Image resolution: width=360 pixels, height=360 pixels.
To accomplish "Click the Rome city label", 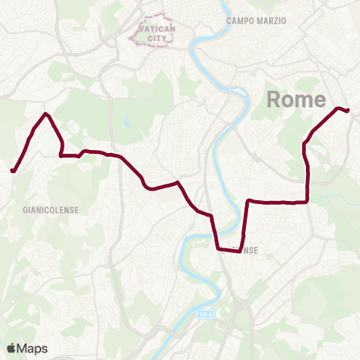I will (296, 100).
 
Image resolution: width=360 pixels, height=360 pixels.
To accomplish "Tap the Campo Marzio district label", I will (256, 21).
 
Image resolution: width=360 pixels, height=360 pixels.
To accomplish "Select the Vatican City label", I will (155, 32).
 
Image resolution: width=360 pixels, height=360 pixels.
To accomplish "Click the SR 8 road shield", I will (206, 316).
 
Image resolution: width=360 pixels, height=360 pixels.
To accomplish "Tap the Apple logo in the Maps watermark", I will (11, 348).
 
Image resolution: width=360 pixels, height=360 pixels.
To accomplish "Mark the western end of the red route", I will (13, 171).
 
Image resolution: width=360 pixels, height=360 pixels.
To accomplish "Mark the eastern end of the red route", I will (348, 111).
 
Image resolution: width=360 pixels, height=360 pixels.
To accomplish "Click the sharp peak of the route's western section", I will (46, 114).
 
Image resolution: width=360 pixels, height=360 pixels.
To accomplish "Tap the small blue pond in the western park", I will (127, 118).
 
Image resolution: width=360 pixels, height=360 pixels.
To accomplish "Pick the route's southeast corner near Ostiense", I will (240, 251).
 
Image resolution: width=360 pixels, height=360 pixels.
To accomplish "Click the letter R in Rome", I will (275, 100).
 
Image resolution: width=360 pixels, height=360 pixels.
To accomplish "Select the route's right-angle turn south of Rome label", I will (307, 201).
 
